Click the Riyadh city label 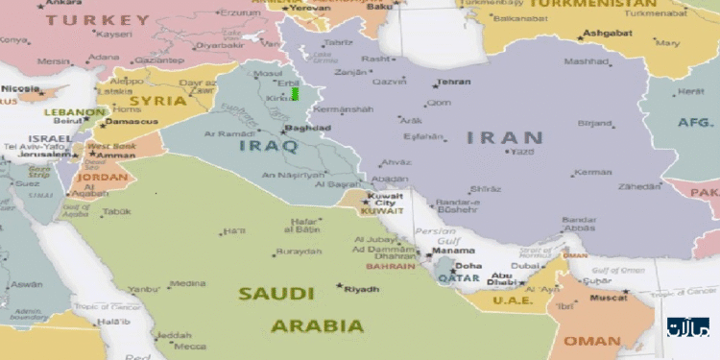(362, 289)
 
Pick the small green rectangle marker (295, 94)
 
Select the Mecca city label (189, 347)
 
